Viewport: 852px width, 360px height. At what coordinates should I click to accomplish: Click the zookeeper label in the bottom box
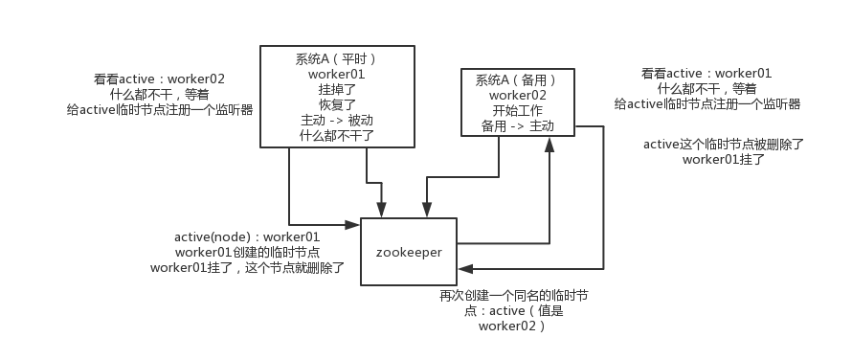[409, 251]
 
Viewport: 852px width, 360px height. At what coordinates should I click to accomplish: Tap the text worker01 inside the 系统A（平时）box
[336, 74]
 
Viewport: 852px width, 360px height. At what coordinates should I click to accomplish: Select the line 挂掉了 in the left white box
[336, 89]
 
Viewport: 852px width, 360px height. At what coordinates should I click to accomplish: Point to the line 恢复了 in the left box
[336, 104]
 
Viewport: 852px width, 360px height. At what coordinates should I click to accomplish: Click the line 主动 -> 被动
[336, 120]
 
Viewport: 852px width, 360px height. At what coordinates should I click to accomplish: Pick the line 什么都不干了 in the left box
[336, 135]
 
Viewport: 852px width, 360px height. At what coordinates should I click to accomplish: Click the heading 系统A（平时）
[336, 58]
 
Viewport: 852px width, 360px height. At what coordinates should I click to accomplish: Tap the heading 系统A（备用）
[518, 80]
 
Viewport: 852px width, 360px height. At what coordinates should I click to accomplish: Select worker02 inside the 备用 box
[518, 96]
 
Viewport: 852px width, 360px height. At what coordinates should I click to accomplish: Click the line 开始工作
[518, 111]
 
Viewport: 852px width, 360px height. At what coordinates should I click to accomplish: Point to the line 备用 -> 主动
[518, 126]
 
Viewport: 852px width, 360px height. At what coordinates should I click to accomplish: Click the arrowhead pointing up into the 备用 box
[549, 144]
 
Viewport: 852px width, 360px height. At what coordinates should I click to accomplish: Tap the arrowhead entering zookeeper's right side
[463, 269]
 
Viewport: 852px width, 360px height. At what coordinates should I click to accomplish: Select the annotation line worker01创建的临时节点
[247, 252]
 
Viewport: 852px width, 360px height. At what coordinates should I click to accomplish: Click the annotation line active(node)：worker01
[247, 236]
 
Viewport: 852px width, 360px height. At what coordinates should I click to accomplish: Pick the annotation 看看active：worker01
[706, 74]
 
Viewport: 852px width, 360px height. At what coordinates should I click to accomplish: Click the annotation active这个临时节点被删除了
[723, 145]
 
